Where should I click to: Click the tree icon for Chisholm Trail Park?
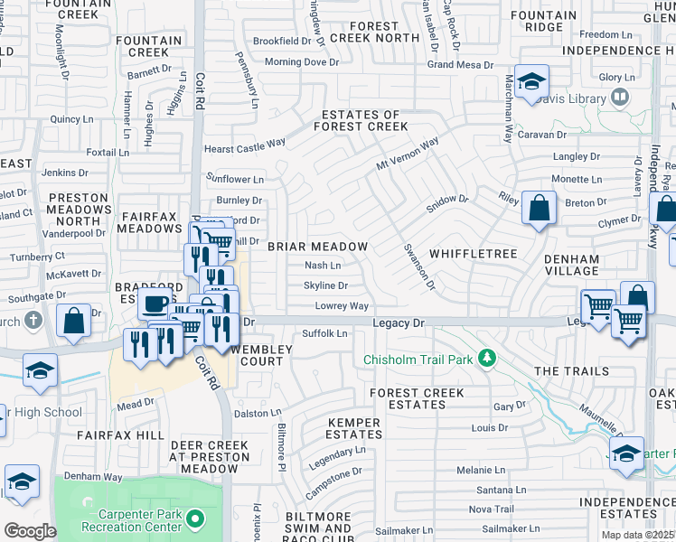click(x=487, y=360)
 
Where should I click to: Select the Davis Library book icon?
click(x=620, y=96)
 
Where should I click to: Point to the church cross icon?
click(x=33, y=320)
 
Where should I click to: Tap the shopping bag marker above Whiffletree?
click(x=539, y=209)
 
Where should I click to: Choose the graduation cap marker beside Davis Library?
click(x=531, y=81)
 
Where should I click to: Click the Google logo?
click(x=29, y=531)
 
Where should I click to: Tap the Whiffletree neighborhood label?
click(x=474, y=254)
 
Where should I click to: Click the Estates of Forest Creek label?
click(x=365, y=121)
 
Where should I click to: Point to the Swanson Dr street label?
click(x=419, y=266)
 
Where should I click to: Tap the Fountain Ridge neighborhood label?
click(x=549, y=22)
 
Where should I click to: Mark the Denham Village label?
click(x=571, y=266)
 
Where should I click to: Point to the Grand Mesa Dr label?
click(x=459, y=65)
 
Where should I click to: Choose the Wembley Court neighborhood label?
click(x=257, y=355)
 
